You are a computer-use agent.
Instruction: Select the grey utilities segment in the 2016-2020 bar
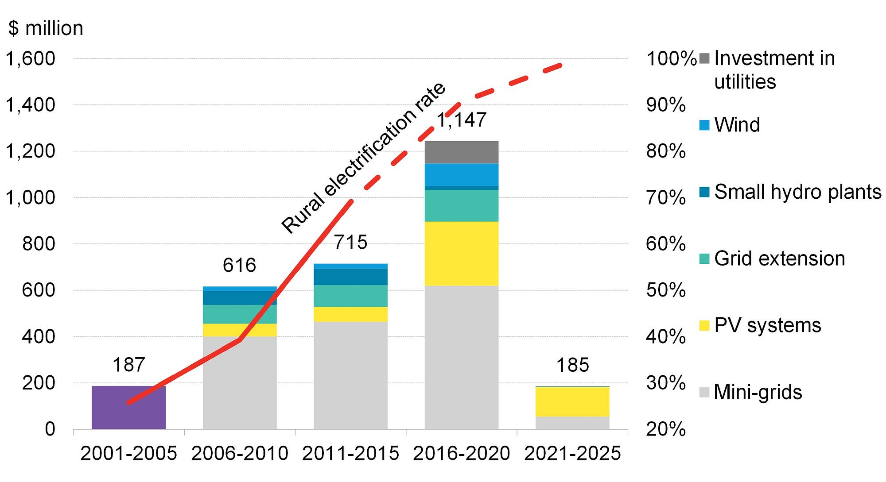461,152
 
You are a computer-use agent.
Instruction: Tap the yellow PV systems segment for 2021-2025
572,401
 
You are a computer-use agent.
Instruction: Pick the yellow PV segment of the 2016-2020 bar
461,253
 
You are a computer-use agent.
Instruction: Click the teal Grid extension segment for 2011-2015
350,296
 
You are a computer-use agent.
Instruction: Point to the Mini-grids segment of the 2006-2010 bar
240,382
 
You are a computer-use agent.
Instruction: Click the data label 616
239,266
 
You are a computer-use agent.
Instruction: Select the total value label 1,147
462,120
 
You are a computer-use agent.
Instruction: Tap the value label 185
572,365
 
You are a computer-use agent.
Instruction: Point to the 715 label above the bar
350,243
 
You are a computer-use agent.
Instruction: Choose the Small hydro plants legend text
797,192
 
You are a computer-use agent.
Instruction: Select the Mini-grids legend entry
758,392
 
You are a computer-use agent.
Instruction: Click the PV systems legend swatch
704,326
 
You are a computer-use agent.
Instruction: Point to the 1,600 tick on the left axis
30,59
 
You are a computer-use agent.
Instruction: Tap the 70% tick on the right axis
665,198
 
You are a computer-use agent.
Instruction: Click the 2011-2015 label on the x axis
350,453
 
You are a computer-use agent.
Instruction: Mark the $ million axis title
46,28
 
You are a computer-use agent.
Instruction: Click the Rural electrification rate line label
363,158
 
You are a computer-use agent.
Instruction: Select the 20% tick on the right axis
665,429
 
